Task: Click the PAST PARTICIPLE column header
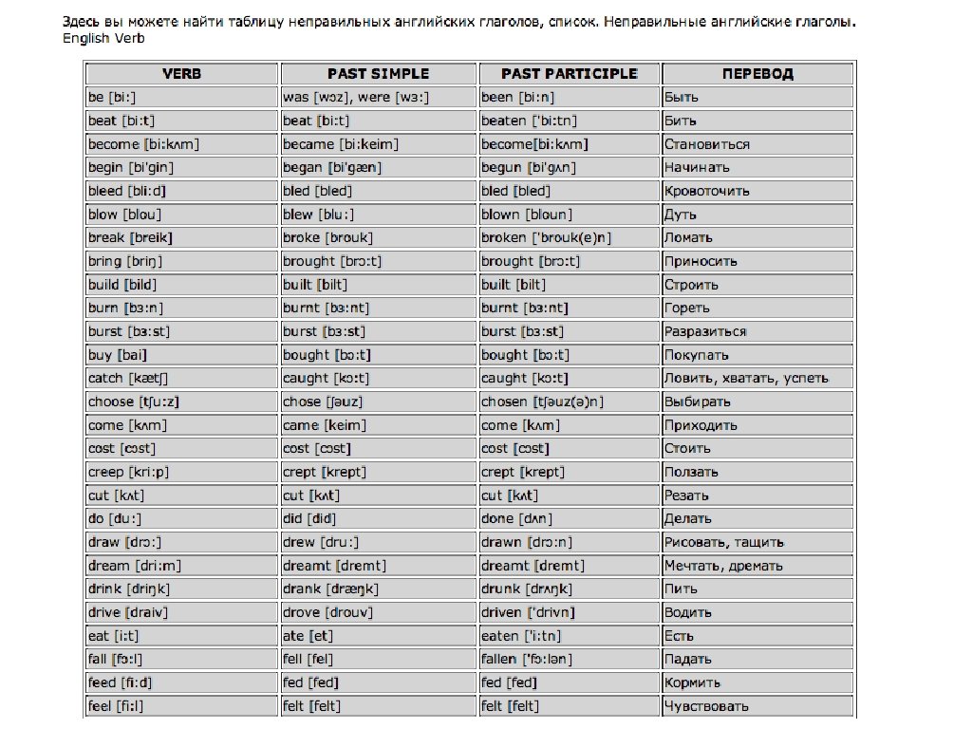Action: [569, 73]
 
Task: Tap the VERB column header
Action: [182, 73]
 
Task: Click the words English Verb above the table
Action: [104, 38]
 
